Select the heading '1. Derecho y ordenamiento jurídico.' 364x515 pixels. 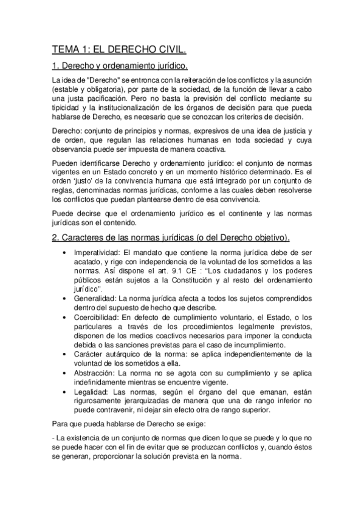pyautogui.click(x=120, y=66)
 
